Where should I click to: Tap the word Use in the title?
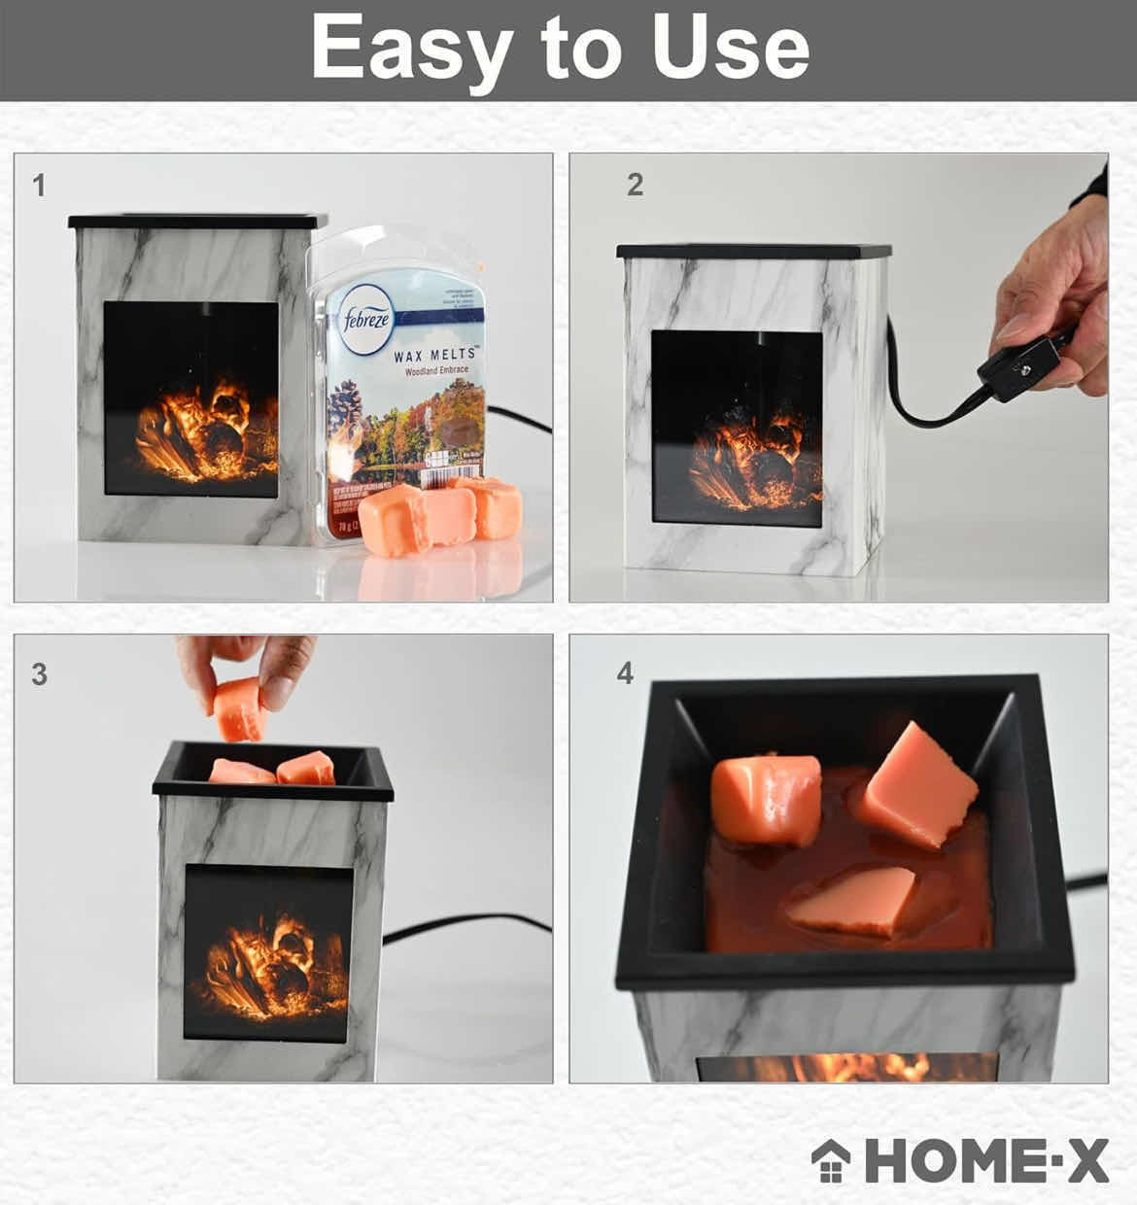pos(731,49)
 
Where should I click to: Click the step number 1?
pos(39,185)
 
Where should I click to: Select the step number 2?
pos(636,185)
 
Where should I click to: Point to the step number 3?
pos(39,674)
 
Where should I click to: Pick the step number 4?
pos(625,672)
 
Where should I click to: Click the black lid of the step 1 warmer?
pos(198,222)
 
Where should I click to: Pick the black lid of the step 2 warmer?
pos(753,252)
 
